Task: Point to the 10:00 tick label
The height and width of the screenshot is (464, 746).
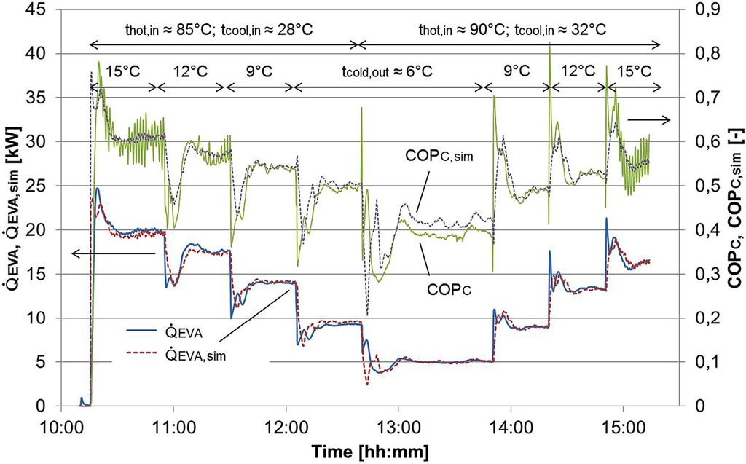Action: point(60,422)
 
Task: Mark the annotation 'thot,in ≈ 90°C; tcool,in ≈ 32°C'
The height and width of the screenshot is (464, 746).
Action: point(512,30)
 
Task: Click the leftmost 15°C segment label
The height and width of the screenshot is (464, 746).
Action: point(124,72)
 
